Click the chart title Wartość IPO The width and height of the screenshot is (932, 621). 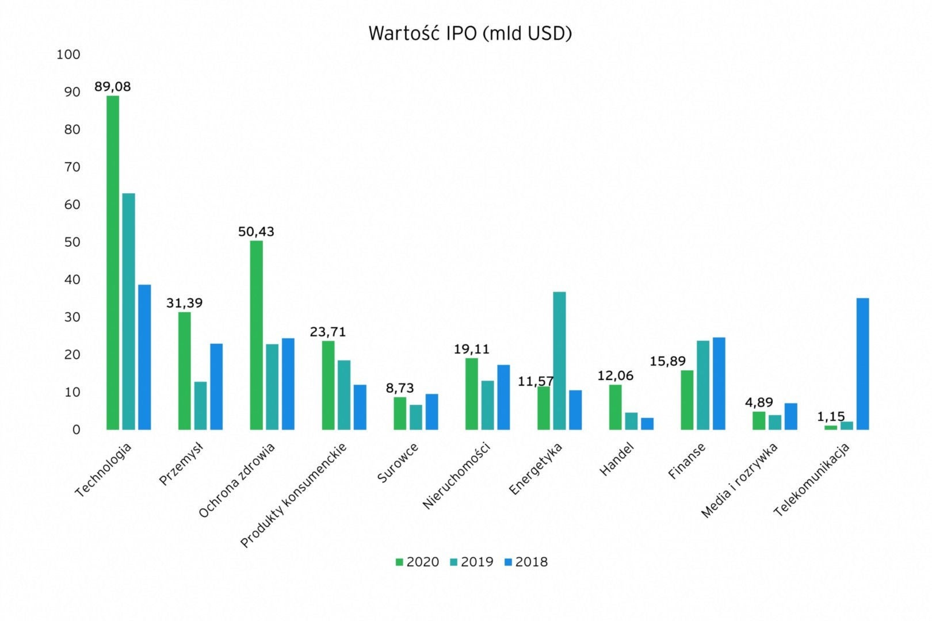point(469,33)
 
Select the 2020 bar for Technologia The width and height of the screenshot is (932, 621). point(113,263)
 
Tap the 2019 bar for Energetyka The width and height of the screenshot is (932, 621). point(559,361)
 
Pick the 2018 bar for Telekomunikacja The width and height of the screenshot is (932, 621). point(862,363)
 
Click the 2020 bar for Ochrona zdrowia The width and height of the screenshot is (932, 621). point(257,335)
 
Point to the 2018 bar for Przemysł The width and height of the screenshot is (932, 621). point(216,386)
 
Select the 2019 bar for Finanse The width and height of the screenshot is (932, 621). point(703,385)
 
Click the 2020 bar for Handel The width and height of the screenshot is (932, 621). point(616,407)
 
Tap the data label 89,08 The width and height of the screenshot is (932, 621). point(113,87)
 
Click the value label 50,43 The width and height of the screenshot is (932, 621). point(256,232)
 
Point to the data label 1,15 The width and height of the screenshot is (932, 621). point(831,416)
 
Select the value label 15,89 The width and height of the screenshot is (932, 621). point(668,361)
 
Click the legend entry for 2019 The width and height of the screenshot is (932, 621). point(471,562)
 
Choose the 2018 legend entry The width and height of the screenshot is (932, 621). point(525,562)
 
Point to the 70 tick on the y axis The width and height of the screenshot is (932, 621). point(72,167)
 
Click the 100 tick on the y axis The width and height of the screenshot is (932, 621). point(68,55)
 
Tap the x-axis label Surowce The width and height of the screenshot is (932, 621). point(398,463)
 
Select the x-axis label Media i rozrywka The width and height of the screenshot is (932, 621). point(740,481)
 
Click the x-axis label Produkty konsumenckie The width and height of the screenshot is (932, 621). point(293,495)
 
